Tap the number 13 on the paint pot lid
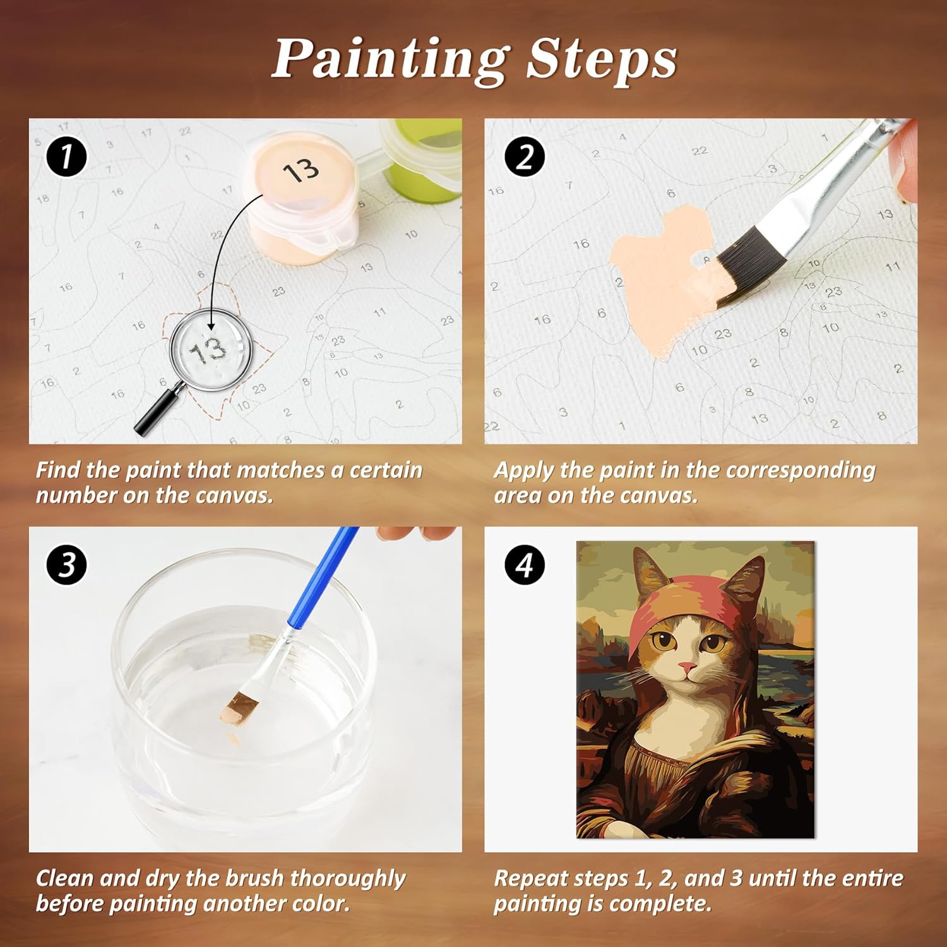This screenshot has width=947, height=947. [x=301, y=171]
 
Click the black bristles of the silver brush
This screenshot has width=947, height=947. [x=751, y=265]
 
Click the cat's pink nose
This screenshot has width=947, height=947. [x=687, y=667]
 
